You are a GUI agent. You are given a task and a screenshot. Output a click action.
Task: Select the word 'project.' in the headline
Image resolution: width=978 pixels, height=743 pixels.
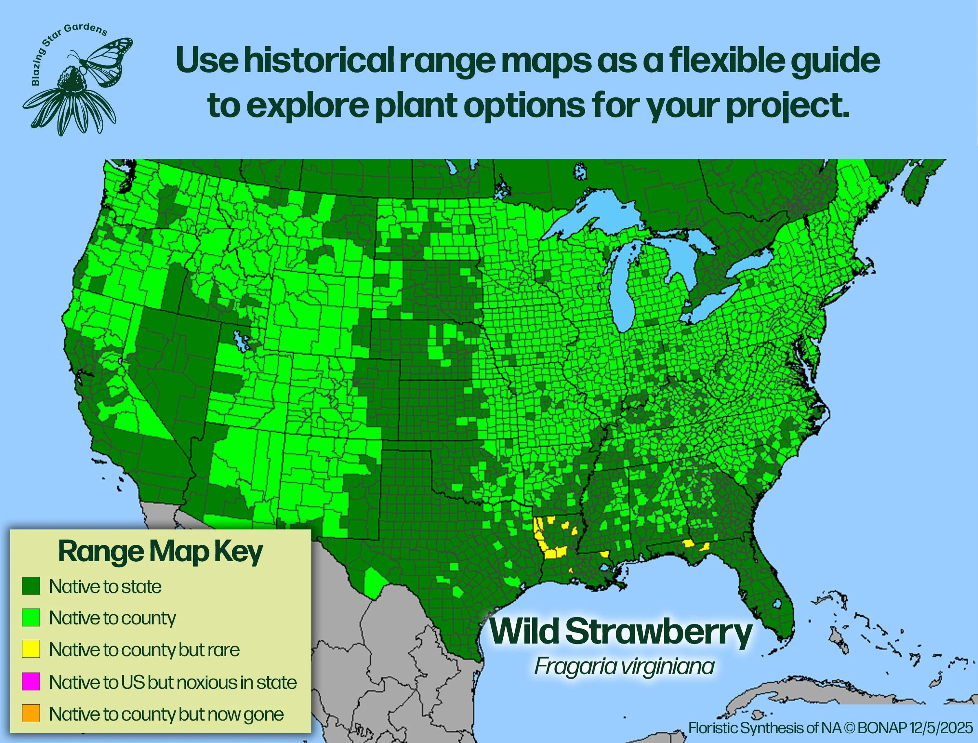(x=787, y=106)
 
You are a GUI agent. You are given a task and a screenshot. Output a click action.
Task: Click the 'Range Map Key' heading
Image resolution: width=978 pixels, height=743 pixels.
(x=160, y=552)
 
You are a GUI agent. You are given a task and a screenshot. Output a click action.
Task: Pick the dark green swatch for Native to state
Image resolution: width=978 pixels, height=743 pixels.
(x=31, y=586)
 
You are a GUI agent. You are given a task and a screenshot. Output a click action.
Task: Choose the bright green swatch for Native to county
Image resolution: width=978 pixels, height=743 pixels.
(x=31, y=617)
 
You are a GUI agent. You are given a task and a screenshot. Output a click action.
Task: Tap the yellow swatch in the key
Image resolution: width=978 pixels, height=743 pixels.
(x=31, y=649)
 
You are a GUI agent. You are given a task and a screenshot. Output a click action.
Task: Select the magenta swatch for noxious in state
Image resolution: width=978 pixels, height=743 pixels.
(x=31, y=681)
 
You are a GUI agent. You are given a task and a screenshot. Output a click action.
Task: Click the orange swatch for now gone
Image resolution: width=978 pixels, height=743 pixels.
(x=31, y=713)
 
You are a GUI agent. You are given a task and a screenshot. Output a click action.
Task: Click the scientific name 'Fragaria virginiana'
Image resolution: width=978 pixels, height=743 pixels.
(x=624, y=666)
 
